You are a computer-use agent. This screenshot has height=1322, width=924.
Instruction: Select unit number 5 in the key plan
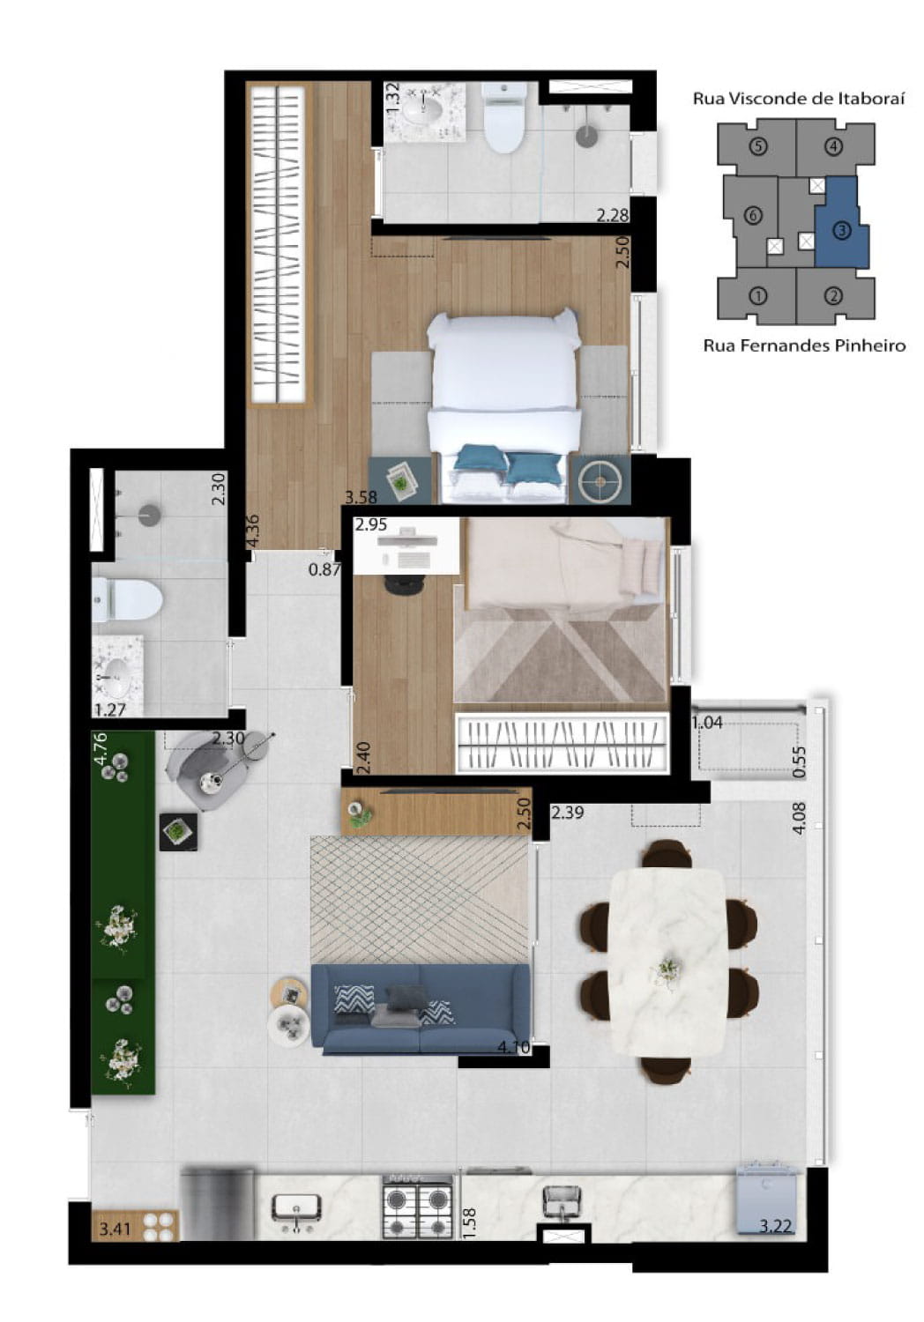tap(758, 145)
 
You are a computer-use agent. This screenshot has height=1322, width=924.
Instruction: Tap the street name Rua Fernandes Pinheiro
tap(804, 345)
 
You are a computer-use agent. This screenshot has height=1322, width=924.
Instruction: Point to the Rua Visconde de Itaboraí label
tap(799, 99)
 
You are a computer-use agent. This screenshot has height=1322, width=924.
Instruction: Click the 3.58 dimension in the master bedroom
tap(361, 497)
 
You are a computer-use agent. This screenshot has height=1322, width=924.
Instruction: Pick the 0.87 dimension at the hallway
tap(324, 569)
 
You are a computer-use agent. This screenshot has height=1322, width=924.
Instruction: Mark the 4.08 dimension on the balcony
tap(799, 817)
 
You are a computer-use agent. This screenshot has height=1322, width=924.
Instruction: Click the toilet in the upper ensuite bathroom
tap(504, 116)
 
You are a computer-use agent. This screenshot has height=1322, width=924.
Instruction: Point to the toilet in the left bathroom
tap(127, 599)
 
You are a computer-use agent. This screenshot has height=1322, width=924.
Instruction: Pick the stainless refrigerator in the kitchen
tap(217, 1204)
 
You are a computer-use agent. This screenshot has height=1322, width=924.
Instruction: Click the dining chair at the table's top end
tap(667, 853)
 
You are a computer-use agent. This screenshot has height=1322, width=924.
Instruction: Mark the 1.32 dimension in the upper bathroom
tap(392, 98)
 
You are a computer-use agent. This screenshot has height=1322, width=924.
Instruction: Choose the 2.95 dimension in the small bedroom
tap(371, 524)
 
